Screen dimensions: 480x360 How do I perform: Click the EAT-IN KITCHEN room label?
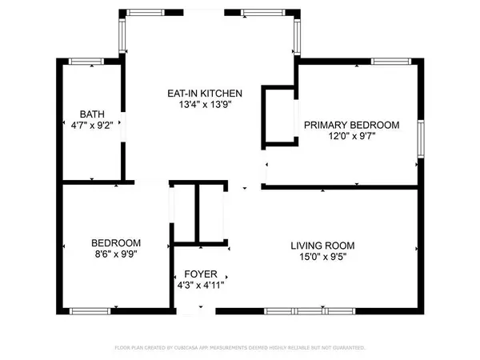tap(205, 94)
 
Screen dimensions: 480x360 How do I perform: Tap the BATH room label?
tap(92, 114)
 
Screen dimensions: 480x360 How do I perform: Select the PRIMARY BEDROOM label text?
tap(352, 125)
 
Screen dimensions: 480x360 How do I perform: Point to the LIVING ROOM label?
tap(322, 246)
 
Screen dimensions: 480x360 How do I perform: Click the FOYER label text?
tap(201, 274)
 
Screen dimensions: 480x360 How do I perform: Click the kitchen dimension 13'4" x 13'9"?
tap(205, 105)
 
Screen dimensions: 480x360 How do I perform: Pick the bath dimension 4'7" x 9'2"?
tap(92, 126)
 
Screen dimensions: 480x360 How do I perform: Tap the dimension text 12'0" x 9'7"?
tap(352, 136)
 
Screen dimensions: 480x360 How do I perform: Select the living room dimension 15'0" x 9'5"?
tap(322, 257)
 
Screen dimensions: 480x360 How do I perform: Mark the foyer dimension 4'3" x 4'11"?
tap(201, 286)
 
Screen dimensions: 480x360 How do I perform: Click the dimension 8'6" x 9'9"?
tap(116, 254)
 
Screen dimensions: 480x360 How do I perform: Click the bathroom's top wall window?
tap(86, 62)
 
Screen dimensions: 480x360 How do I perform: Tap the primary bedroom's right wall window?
tap(422, 139)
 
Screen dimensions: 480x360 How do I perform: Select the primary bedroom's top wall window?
tap(391, 62)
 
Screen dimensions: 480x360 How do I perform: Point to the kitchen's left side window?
tap(122, 36)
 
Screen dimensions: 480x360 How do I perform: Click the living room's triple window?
tap(310, 311)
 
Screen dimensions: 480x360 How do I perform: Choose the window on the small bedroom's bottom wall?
tap(90, 311)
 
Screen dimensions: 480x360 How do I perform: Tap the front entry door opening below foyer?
tap(196, 311)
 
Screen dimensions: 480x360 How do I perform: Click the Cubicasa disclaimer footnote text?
tap(240, 348)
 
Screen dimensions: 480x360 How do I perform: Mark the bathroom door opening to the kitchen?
tap(123, 126)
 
